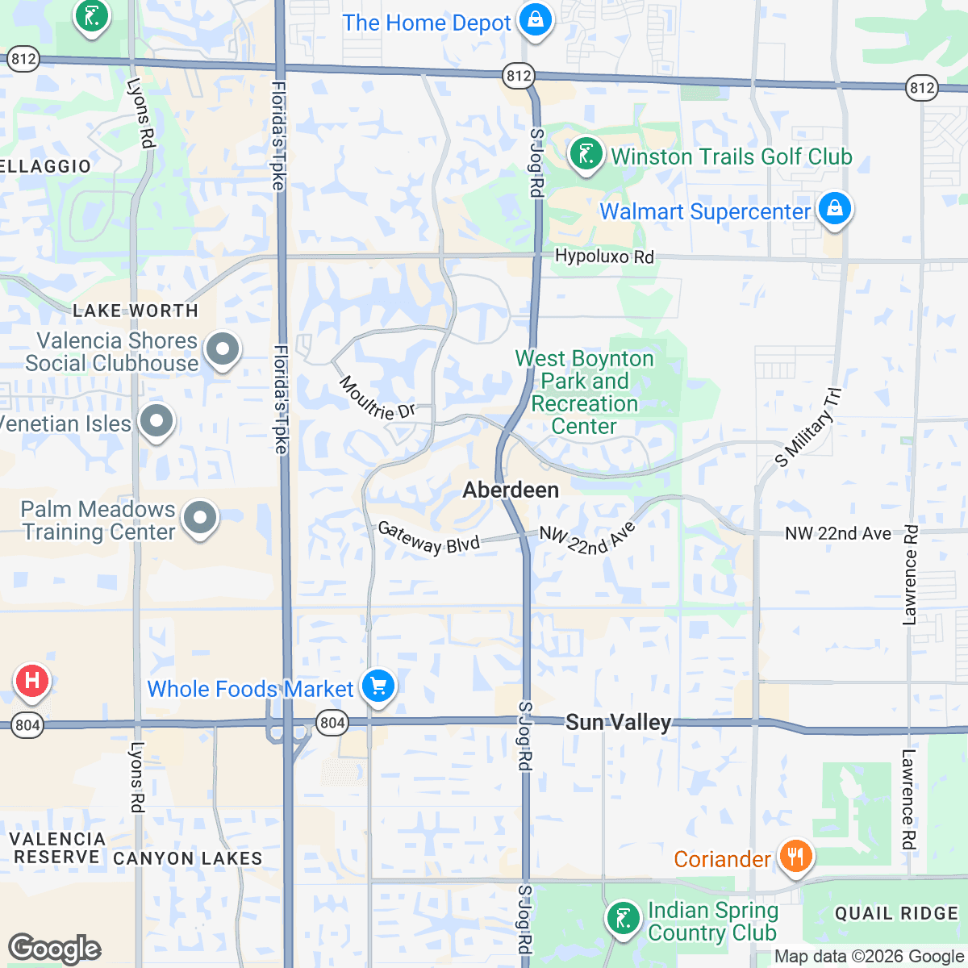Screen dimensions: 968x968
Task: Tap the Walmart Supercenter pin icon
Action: [x=834, y=209]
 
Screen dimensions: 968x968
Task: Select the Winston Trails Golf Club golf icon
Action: [x=586, y=153]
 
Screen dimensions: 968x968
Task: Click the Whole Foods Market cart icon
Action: [x=377, y=686]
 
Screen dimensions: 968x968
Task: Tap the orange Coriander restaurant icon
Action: [x=795, y=856]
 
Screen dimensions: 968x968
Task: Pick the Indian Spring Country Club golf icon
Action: [x=623, y=919]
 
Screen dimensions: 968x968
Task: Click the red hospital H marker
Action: [x=31, y=680]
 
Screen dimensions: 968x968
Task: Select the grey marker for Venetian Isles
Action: [x=156, y=420]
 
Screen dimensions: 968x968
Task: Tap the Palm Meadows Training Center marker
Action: [x=200, y=519]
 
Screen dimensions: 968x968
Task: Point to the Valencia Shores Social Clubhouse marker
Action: [x=223, y=349]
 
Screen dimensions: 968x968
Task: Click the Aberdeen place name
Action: [x=511, y=490]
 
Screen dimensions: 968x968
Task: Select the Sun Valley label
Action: [x=618, y=722]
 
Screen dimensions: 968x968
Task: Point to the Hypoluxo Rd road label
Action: [x=604, y=257]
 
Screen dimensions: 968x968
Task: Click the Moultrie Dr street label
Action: [x=377, y=398]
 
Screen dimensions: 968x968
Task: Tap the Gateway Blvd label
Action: [x=428, y=538]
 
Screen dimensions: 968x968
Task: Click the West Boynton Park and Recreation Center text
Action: [x=584, y=392]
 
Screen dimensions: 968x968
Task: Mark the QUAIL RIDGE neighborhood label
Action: [x=896, y=913]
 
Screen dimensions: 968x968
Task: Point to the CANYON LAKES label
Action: [x=187, y=858]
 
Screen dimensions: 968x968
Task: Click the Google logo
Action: [x=54, y=949]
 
